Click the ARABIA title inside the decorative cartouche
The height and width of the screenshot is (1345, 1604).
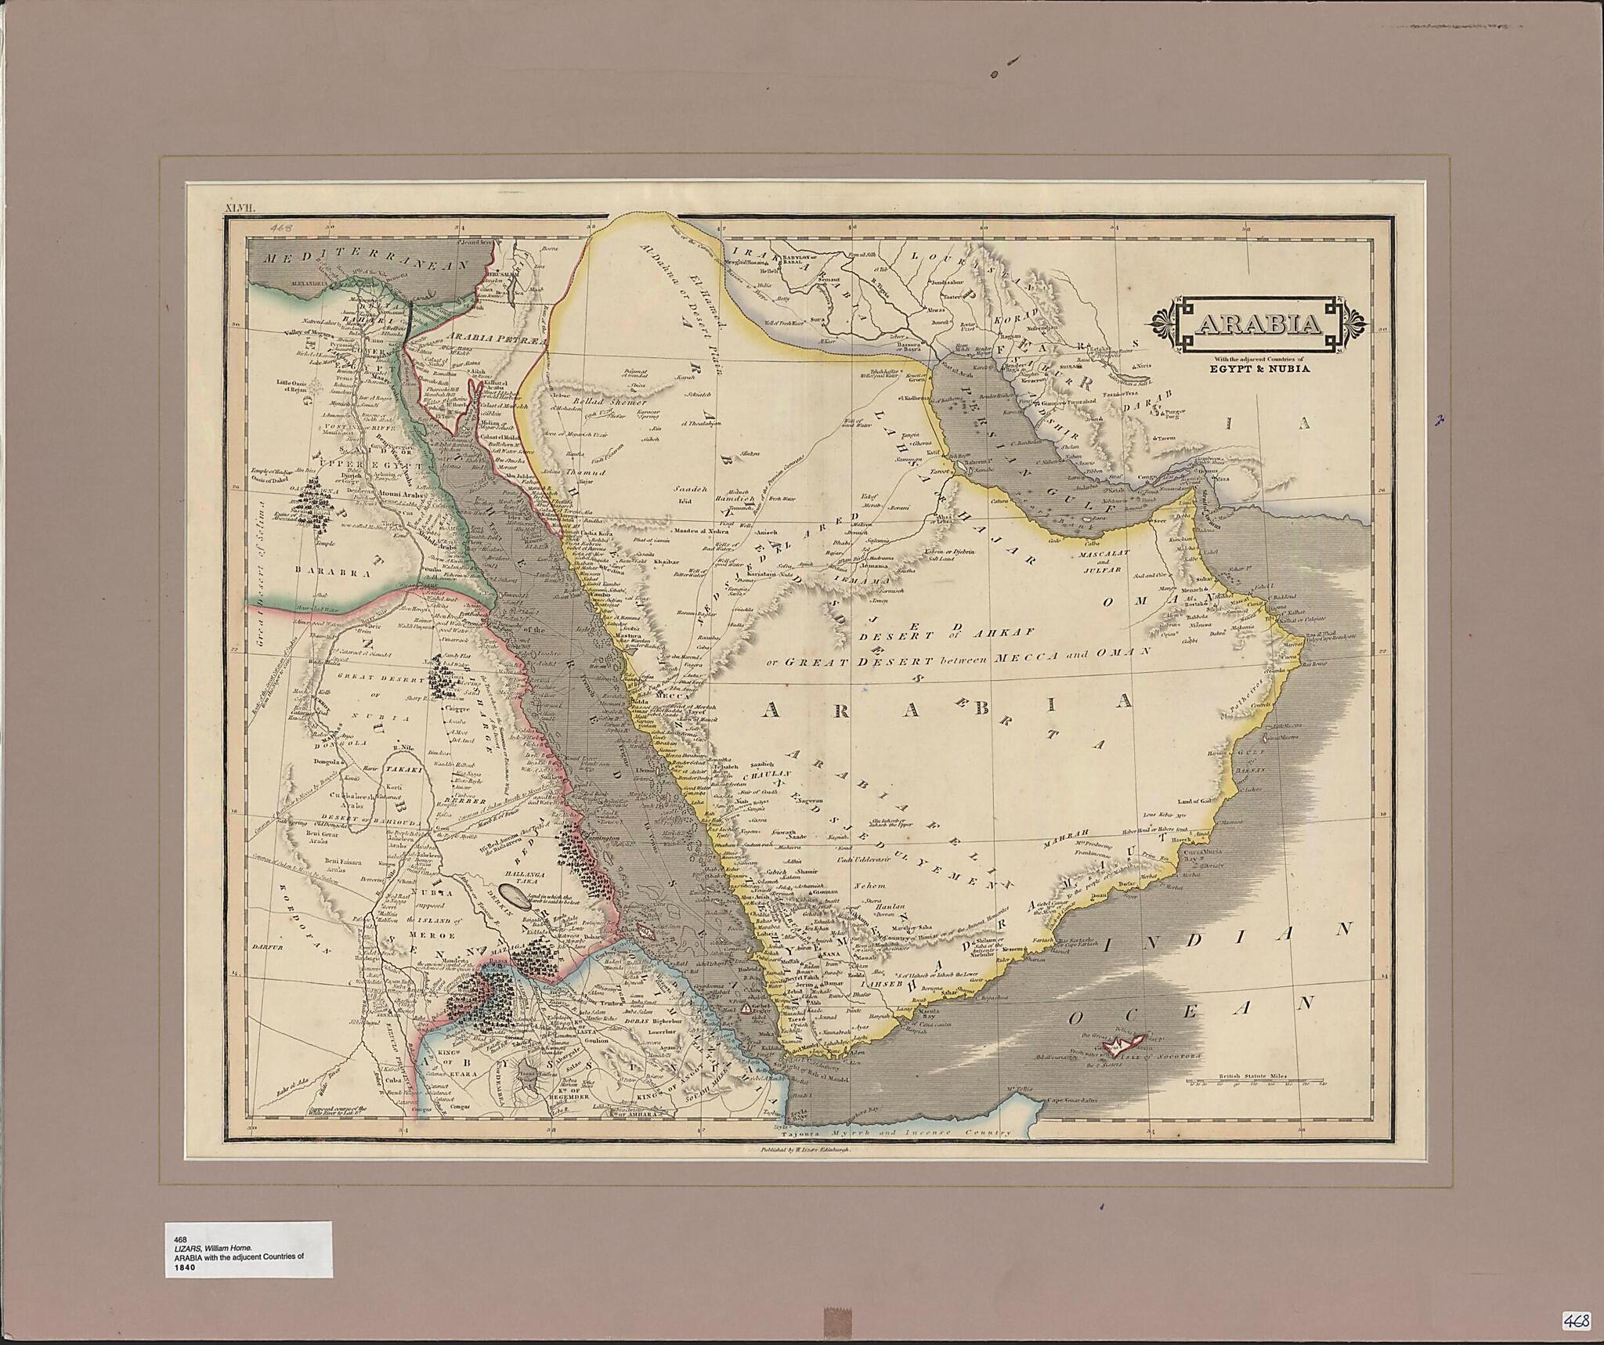[x=1259, y=324]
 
